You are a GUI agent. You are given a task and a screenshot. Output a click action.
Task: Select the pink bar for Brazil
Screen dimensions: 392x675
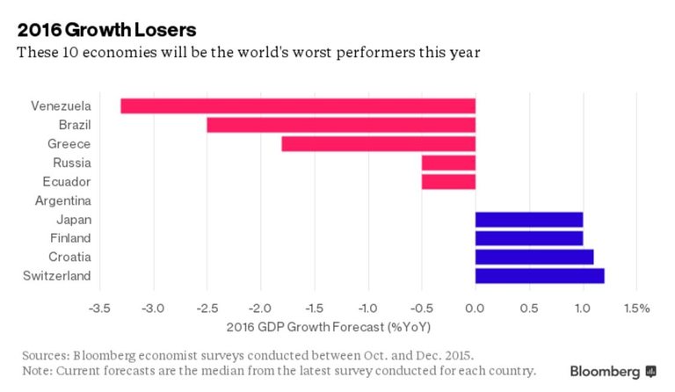(340, 125)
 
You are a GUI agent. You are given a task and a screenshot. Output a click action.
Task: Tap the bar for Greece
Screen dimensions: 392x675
(378, 144)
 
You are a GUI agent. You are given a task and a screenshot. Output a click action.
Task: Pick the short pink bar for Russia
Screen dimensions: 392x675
(448, 163)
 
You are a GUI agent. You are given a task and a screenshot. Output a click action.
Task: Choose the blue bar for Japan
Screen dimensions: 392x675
(528, 219)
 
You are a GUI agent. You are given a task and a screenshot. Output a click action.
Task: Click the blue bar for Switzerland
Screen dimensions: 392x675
(539, 276)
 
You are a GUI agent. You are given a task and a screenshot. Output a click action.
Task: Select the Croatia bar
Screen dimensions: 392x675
(533, 257)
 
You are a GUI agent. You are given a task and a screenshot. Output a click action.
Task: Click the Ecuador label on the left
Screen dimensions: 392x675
(67, 182)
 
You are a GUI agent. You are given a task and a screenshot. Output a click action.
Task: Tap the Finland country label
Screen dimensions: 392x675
(70, 238)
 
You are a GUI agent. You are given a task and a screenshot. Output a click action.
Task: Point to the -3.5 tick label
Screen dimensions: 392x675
(101, 309)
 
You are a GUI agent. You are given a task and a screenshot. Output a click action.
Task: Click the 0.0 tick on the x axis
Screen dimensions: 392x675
(475, 309)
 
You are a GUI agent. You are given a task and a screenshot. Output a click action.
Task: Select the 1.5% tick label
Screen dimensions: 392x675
(635, 309)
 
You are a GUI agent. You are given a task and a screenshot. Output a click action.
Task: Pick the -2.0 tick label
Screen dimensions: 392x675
(261, 309)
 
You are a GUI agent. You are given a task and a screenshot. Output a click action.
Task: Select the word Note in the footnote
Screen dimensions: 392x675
(37, 371)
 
